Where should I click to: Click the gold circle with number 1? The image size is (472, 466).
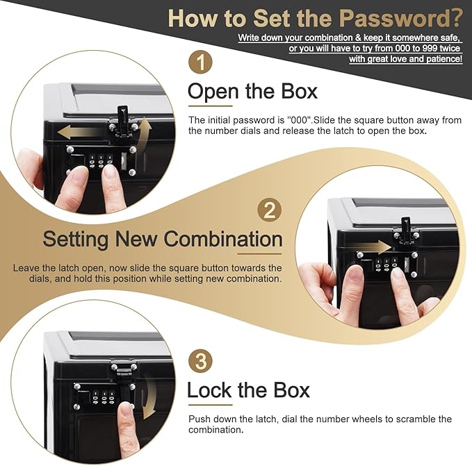[200, 63]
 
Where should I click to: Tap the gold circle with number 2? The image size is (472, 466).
[270, 210]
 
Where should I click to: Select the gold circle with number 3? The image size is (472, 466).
[200, 361]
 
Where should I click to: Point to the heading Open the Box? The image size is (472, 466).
[252, 92]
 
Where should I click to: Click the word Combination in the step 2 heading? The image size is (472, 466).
[223, 240]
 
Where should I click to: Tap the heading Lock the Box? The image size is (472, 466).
[248, 390]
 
